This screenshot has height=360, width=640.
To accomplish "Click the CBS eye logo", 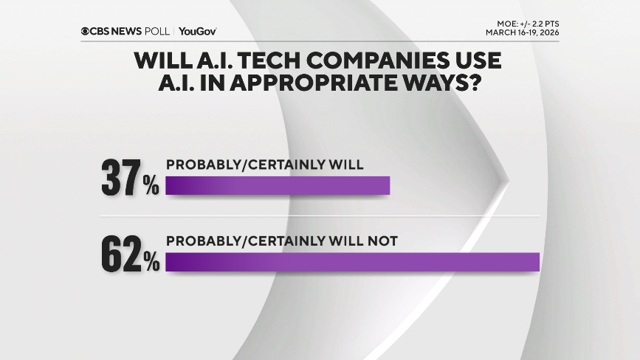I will coord(86,31).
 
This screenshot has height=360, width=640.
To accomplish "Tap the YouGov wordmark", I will coord(197,31).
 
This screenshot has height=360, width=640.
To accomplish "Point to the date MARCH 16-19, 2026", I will coord(522,32).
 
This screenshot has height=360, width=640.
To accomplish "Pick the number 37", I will coord(120,179).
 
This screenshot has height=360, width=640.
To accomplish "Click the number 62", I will coord(120,255).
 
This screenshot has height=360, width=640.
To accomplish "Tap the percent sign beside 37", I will coord(151,187).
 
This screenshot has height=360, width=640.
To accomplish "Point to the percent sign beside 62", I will coord(152,262).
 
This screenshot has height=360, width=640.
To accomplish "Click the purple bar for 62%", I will coord(353,262).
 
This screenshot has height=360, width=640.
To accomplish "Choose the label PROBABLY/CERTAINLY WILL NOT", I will coord(282,240).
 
